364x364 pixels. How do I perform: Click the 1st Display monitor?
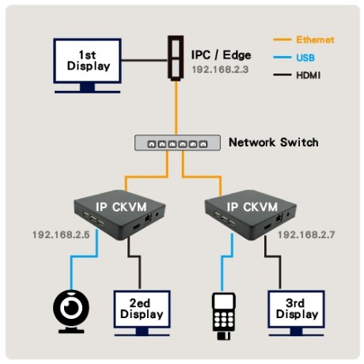(x=87, y=66)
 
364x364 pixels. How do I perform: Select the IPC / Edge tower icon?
(x=176, y=58)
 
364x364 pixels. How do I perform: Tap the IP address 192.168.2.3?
(x=220, y=70)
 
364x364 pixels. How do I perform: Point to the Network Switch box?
(x=177, y=142)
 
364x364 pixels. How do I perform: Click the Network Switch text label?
(x=274, y=142)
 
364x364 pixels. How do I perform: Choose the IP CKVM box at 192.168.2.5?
(x=119, y=214)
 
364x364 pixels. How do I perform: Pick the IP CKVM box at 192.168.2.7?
(x=251, y=214)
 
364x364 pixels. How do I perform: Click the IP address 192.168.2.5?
(x=61, y=235)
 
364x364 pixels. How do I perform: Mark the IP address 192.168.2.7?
(x=306, y=235)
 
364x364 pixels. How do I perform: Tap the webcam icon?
(x=71, y=311)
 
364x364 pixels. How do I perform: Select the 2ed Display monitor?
(x=142, y=313)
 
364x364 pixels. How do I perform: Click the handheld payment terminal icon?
(x=224, y=316)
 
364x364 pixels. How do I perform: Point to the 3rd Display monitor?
(x=296, y=313)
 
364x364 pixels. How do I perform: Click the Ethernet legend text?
(x=315, y=40)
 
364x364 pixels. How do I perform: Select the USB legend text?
(x=305, y=58)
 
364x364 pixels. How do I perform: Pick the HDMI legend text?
(x=309, y=75)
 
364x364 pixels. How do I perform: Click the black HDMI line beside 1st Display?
(x=145, y=60)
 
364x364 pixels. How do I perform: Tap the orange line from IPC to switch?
(x=176, y=108)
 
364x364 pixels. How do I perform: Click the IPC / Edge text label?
(x=221, y=55)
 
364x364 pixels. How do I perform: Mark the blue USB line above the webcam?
(x=84, y=256)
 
